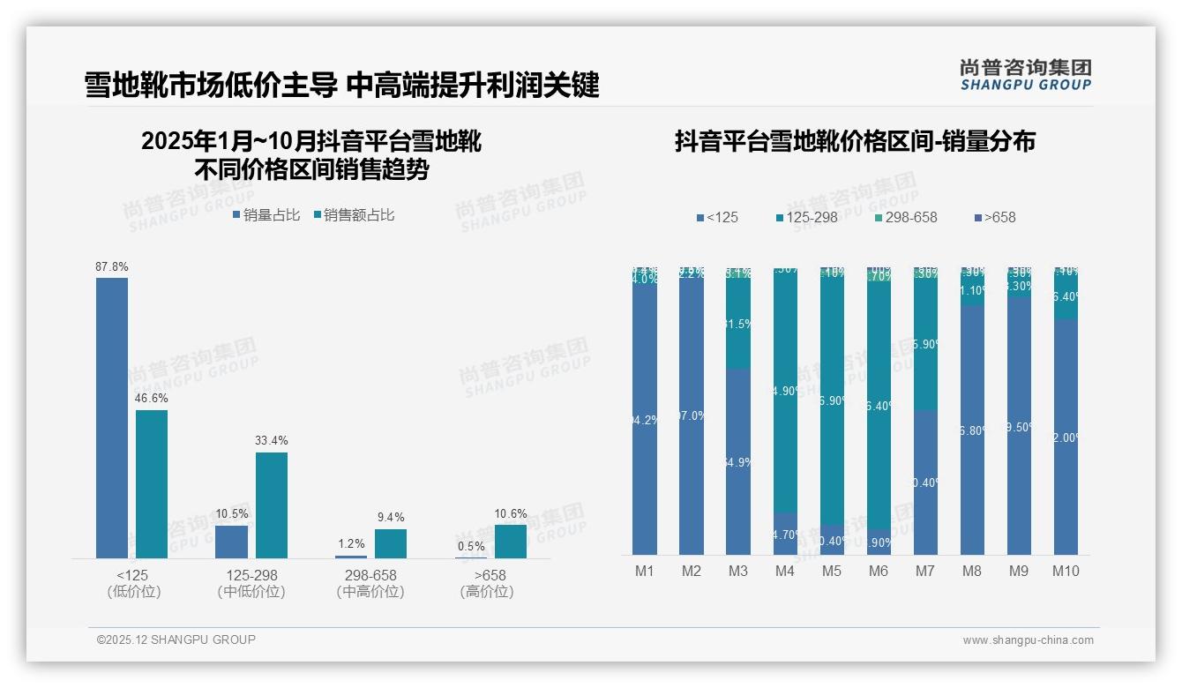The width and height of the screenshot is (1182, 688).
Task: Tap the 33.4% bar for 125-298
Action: tap(272, 505)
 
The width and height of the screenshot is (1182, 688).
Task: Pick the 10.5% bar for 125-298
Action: tap(232, 542)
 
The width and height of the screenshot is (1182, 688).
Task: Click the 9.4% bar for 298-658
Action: tap(391, 543)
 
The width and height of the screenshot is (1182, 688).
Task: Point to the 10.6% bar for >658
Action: tap(511, 542)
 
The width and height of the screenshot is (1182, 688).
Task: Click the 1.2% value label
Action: tap(351, 544)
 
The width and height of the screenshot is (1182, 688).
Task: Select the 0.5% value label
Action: tap(471, 546)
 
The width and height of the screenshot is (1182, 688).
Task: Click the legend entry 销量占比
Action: tap(266, 214)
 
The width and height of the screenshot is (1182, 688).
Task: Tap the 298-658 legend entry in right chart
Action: tap(906, 217)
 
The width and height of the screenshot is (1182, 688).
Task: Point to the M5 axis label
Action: tap(832, 571)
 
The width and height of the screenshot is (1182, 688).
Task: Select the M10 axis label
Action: tap(1066, 571)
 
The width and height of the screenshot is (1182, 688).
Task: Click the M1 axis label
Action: tap(645, 571)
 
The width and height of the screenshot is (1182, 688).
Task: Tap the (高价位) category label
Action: tap(487, 592)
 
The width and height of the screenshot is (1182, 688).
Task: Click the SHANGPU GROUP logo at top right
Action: tap(1026, 75)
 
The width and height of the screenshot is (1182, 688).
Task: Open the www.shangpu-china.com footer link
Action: tap(1028, 640)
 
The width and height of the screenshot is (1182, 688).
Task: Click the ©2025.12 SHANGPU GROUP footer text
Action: tap(176, 639)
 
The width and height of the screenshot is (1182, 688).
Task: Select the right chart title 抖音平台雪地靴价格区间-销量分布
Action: tap(855, 141)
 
